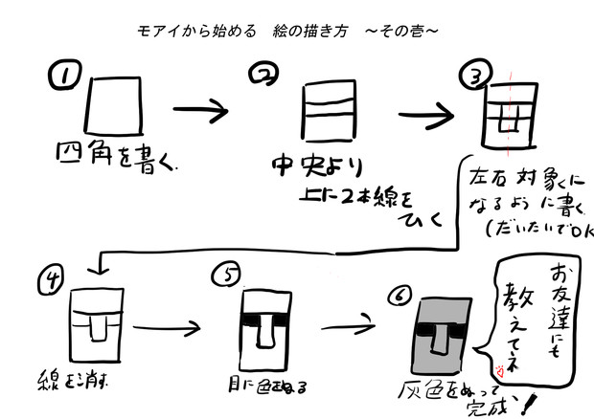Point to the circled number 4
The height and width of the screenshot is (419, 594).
(51, 278)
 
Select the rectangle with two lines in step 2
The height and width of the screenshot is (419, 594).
(326, 114)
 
